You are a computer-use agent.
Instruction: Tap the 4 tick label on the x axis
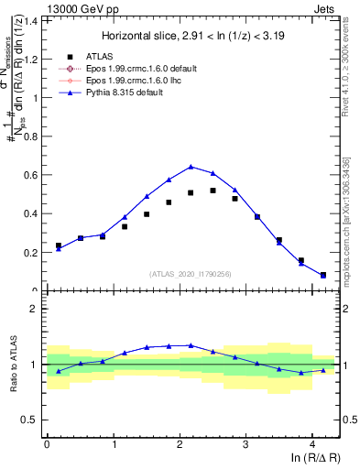[312, 446]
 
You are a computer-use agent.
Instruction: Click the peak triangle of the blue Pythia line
[191, 167]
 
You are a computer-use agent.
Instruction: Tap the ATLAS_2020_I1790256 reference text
[191, 273]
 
